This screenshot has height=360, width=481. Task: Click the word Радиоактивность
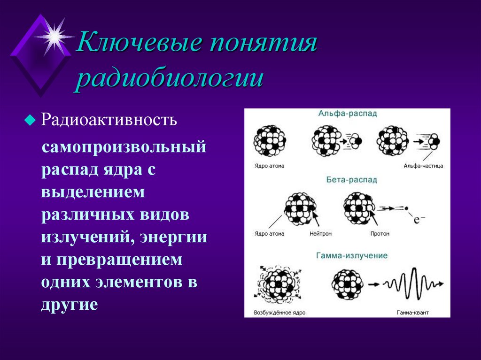(x=109, y=120)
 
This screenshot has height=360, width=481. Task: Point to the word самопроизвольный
(x=124, y=147)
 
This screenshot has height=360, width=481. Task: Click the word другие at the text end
(x=69, y=305)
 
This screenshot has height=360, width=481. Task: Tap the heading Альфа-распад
(x=347, y=114)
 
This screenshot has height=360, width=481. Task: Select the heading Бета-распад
(x=347, y=180)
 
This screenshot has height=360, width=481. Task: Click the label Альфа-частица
(x=423, y=166)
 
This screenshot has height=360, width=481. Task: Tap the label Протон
(x=380, y=233)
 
